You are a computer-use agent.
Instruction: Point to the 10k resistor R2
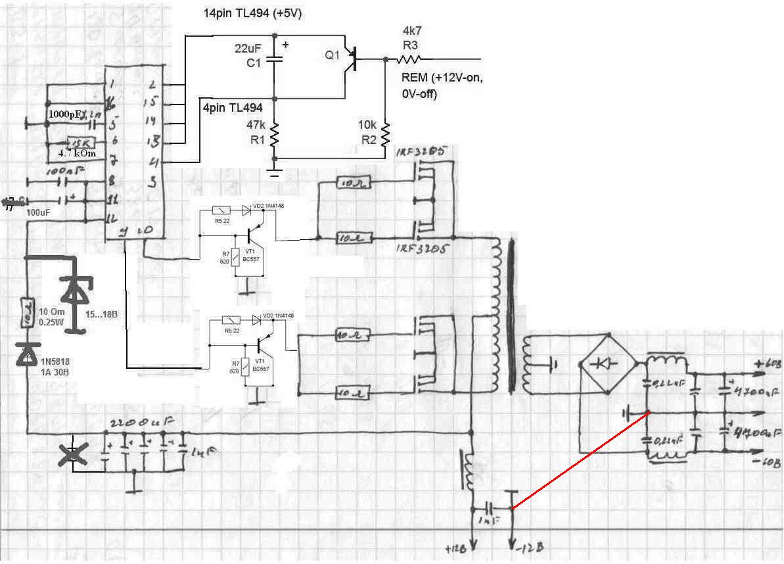(384, 135)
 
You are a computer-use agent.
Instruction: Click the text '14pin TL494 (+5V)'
(252, 12)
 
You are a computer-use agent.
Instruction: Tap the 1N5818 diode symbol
(28, 355)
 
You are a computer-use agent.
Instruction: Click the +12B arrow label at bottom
(458, 547)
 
